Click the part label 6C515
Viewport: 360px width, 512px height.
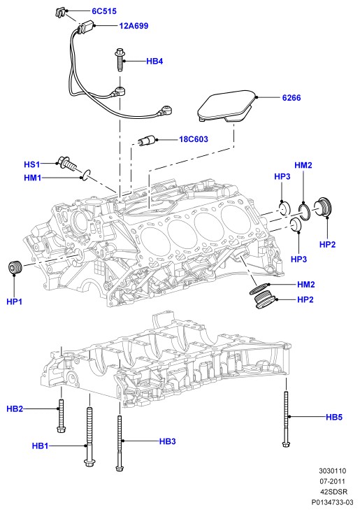[104, 11]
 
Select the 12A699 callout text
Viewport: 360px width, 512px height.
[134, 26]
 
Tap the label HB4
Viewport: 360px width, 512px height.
[154, 61]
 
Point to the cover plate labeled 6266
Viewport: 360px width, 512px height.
[227, 106]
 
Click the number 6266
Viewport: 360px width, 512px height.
[291, 98]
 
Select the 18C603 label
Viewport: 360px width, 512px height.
[194, 139]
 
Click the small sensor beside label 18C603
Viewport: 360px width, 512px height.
[147, 141]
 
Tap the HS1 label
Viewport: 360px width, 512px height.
[32, 164]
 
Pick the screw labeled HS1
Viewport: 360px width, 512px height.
[68, 163]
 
